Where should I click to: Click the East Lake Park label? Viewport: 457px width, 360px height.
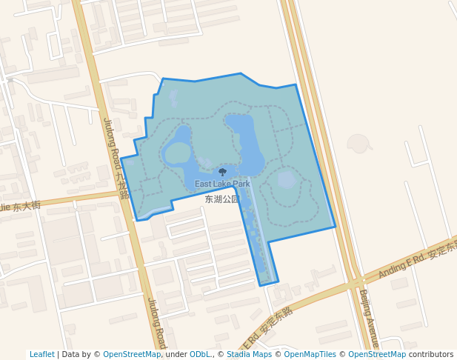click(x=222, y=184)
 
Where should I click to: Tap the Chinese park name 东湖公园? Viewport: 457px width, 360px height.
click(x=222, y=199)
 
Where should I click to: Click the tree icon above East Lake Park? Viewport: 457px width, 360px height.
click(x=222, y=173)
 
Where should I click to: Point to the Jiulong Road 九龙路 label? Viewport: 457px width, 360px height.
click(x=116, y=159)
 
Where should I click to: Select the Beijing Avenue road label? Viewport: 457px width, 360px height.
click(x=369, y=318)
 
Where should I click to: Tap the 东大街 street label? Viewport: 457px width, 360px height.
click(x=22, y=207)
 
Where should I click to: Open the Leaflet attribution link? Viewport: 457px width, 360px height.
click(x=41, y=354)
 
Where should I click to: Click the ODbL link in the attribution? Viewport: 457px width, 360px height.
click(x=199, y=354)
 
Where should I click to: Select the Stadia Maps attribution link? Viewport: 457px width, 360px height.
click(x=249, y=354)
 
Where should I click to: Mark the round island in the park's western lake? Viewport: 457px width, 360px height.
click(x=178, y=153)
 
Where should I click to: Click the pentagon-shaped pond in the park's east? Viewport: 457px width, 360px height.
click(x=287, y=180)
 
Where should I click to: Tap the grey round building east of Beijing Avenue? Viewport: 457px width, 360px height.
click(x=358, y=143)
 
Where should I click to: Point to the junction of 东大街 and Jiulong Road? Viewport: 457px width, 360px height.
click(x=123, y=194)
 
